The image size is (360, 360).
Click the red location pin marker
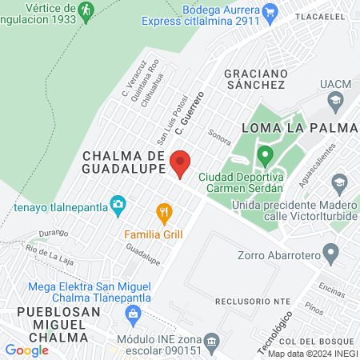(x=180, y=162)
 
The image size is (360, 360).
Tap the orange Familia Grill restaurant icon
(x=164, y=212)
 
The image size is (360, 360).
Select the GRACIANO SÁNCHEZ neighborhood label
(x=255, y=78)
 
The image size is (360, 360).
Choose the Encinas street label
(x=330, y=285)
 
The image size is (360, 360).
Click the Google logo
(x=26, y=350)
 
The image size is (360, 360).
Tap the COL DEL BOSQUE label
(x=328, y=342)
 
